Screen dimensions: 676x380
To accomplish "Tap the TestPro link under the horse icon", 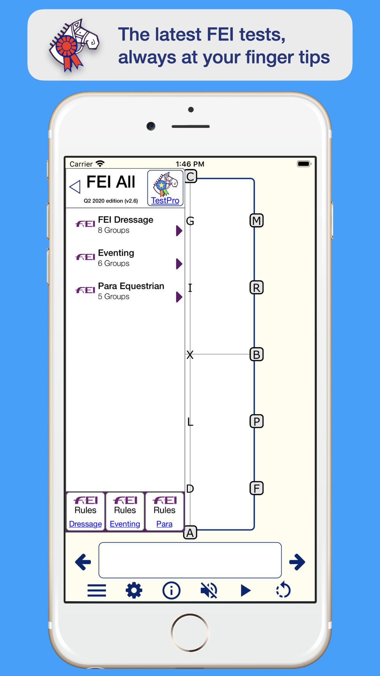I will pos(165,200).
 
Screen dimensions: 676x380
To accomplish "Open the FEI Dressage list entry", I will pos(125,225).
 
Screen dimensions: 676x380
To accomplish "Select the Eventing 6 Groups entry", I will pos(125,258).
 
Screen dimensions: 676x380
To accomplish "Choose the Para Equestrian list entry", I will pos(125,291).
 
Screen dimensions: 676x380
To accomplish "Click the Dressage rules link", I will pos(85,524).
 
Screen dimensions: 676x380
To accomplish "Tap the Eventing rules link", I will pos(125,524).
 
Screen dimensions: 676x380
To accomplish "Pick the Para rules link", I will pos(165,524).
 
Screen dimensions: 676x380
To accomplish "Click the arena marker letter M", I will pos(256,221).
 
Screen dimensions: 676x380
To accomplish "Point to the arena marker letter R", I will pos(256,287).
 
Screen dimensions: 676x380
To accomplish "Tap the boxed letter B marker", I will pos(256,354).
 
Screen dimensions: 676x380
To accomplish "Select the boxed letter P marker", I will pos(256,421).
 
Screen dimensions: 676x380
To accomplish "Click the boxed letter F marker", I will pos(256,488).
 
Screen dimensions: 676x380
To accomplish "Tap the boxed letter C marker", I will pos(191,176).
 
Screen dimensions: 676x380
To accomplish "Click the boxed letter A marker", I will pos(190,533).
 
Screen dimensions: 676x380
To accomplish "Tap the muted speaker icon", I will pos(209,590).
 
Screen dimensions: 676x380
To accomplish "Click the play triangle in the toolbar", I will pos(246,590).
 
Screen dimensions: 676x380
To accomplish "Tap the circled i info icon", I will pos(171,590).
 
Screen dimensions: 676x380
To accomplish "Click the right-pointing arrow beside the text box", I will pos(297,562).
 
